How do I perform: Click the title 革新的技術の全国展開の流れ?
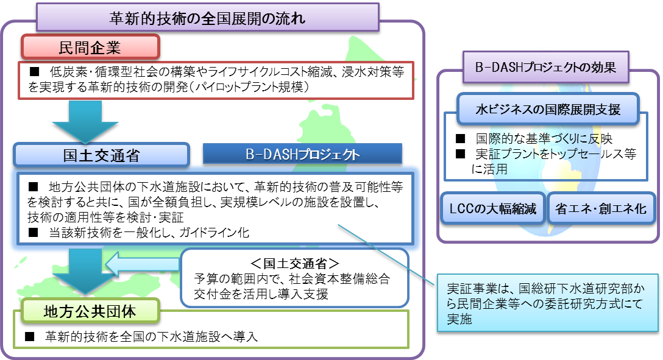pos(207,18)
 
